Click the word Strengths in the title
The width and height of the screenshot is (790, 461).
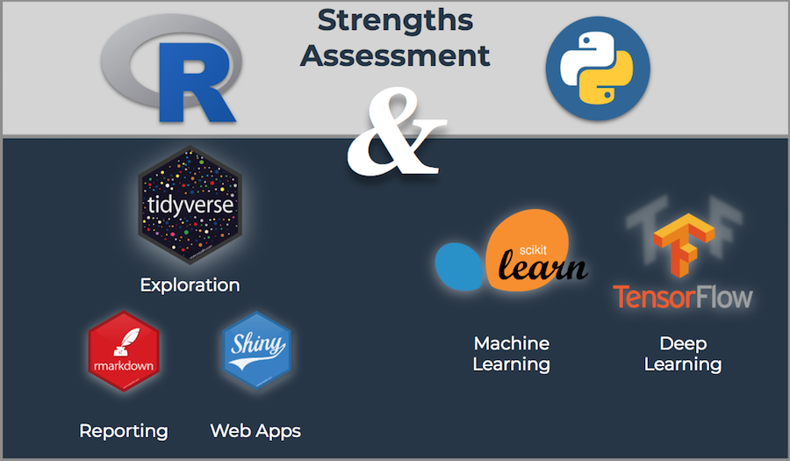(x=395, y=19)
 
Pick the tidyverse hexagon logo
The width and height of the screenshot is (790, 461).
(x=190, y=205)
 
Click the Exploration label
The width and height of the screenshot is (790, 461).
(x=190, y=285)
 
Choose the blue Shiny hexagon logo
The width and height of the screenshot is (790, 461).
(x=256, y=349)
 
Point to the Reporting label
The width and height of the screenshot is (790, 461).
(x=124, y=430)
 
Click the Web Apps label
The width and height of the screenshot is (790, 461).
(x=255, y=430)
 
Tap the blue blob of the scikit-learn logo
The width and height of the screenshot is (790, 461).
(x=458, y=265)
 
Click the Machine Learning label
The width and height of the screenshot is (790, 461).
(x=511, y=353)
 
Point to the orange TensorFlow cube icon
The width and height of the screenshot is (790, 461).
(x=684, y=245)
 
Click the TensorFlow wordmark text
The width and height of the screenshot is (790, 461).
(x=683, y=296)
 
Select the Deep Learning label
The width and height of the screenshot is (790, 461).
(x=683, y=353)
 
